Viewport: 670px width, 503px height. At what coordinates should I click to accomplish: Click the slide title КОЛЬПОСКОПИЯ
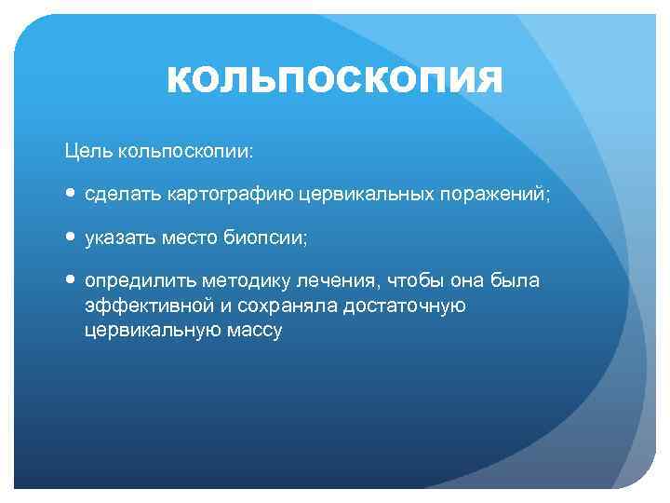click(334, 80)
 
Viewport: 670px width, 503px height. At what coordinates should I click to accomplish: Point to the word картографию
click(225, 194)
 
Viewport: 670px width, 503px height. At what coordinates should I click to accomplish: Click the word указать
click(117, 238)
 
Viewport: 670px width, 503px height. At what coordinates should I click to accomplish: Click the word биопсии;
click(265, 238)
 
